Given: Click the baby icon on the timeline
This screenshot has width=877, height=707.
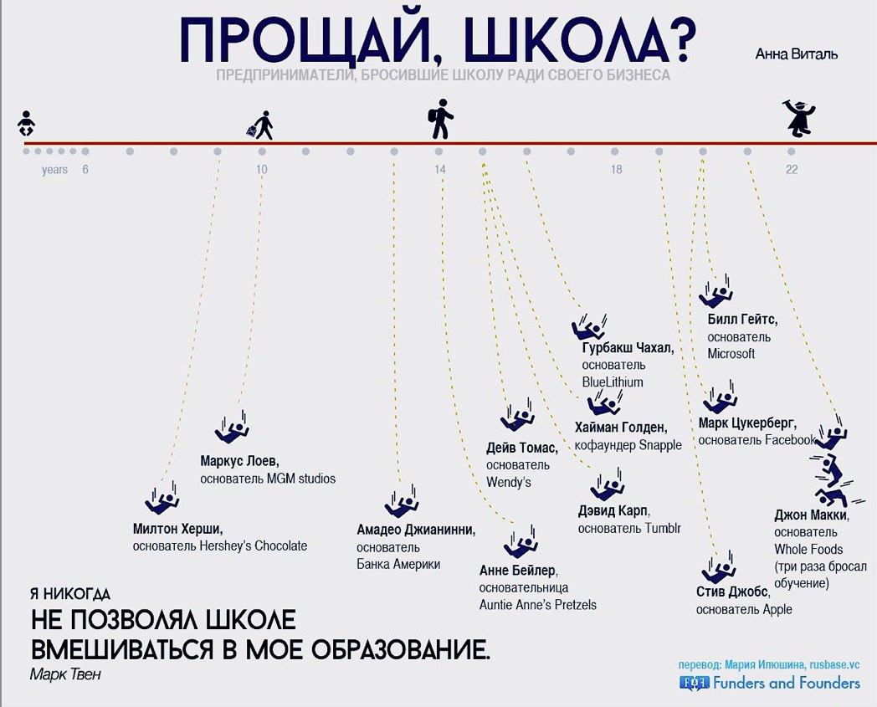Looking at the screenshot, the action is click(26, 123).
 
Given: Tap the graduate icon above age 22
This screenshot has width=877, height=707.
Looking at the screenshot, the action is click(798, 119).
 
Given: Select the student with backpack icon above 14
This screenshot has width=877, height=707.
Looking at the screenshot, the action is click(441, 119).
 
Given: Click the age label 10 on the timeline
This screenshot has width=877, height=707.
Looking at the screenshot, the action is click(262, 170).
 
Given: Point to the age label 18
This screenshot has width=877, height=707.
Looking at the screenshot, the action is click(616, 170).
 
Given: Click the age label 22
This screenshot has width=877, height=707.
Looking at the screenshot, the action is click(792, 170).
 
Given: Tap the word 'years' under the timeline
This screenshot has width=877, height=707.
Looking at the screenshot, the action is click(55, 170).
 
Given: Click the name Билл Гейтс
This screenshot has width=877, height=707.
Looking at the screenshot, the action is click(742, 320).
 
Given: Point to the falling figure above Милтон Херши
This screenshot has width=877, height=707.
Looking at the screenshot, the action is click(162, 498).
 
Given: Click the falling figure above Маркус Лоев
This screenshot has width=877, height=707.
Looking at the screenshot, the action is click(232, 428).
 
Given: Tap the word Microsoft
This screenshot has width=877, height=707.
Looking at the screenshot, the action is click(731, 353).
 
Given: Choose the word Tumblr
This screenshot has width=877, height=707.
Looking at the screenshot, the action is click(663, 528).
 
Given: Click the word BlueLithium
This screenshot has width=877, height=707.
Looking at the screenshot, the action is click(613, 382).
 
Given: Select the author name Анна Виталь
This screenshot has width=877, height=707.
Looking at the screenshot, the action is click(797, 54).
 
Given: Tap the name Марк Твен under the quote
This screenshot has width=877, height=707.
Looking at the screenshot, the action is click(65, 674).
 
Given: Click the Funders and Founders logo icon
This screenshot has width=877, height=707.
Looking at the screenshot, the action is click(694, 683).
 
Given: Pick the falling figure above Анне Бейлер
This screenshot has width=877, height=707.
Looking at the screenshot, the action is click(521, 541).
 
